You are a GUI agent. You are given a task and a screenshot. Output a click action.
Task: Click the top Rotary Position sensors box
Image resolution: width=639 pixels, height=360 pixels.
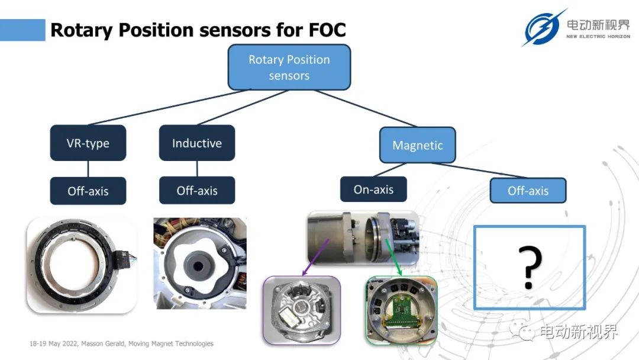tap(289, 67)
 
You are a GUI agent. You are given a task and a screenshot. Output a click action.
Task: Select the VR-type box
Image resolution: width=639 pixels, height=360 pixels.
tap(88, 143)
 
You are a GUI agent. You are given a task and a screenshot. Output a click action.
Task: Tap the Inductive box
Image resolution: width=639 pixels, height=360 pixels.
tap(197, 143)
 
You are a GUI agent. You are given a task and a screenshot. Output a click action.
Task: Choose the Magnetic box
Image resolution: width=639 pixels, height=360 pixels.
tap(417, 145)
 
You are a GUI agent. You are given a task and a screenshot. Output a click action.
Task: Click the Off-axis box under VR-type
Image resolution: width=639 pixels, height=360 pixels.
tap(88, 191)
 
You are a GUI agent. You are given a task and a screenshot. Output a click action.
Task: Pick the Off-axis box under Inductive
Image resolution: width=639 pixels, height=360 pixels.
tap(197, 191)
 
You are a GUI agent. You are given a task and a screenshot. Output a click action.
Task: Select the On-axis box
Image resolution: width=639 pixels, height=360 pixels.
tap(373, 189)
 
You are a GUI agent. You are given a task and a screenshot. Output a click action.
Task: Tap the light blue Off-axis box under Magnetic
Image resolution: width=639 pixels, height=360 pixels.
tap(528, 191)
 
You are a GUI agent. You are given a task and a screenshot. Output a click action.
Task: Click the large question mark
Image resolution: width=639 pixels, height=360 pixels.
tap(530, 267)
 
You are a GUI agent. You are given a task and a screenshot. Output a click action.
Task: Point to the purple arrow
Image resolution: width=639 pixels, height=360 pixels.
tap(315, 258)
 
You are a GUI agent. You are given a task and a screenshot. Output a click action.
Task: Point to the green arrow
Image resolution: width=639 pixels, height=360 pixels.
tap(393, 258)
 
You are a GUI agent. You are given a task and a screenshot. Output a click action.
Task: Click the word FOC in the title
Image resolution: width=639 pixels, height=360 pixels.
tap(327, 30)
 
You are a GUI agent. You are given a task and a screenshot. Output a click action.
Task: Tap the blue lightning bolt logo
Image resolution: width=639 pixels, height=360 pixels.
tap(543, 28)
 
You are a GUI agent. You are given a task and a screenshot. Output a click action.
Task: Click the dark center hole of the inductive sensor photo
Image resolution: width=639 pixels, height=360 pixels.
tap(198, 266)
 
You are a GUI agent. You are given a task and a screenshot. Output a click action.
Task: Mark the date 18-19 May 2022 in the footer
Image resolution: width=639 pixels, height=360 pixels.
tap(53, 343)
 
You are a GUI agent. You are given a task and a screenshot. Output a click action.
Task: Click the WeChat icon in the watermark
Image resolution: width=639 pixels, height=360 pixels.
tap(522, 330)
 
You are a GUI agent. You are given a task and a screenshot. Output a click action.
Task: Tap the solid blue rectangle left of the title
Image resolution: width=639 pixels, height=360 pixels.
tap(22, 30)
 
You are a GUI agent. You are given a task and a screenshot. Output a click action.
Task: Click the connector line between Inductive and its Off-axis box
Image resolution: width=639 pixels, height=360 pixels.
tap(197, 169)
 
